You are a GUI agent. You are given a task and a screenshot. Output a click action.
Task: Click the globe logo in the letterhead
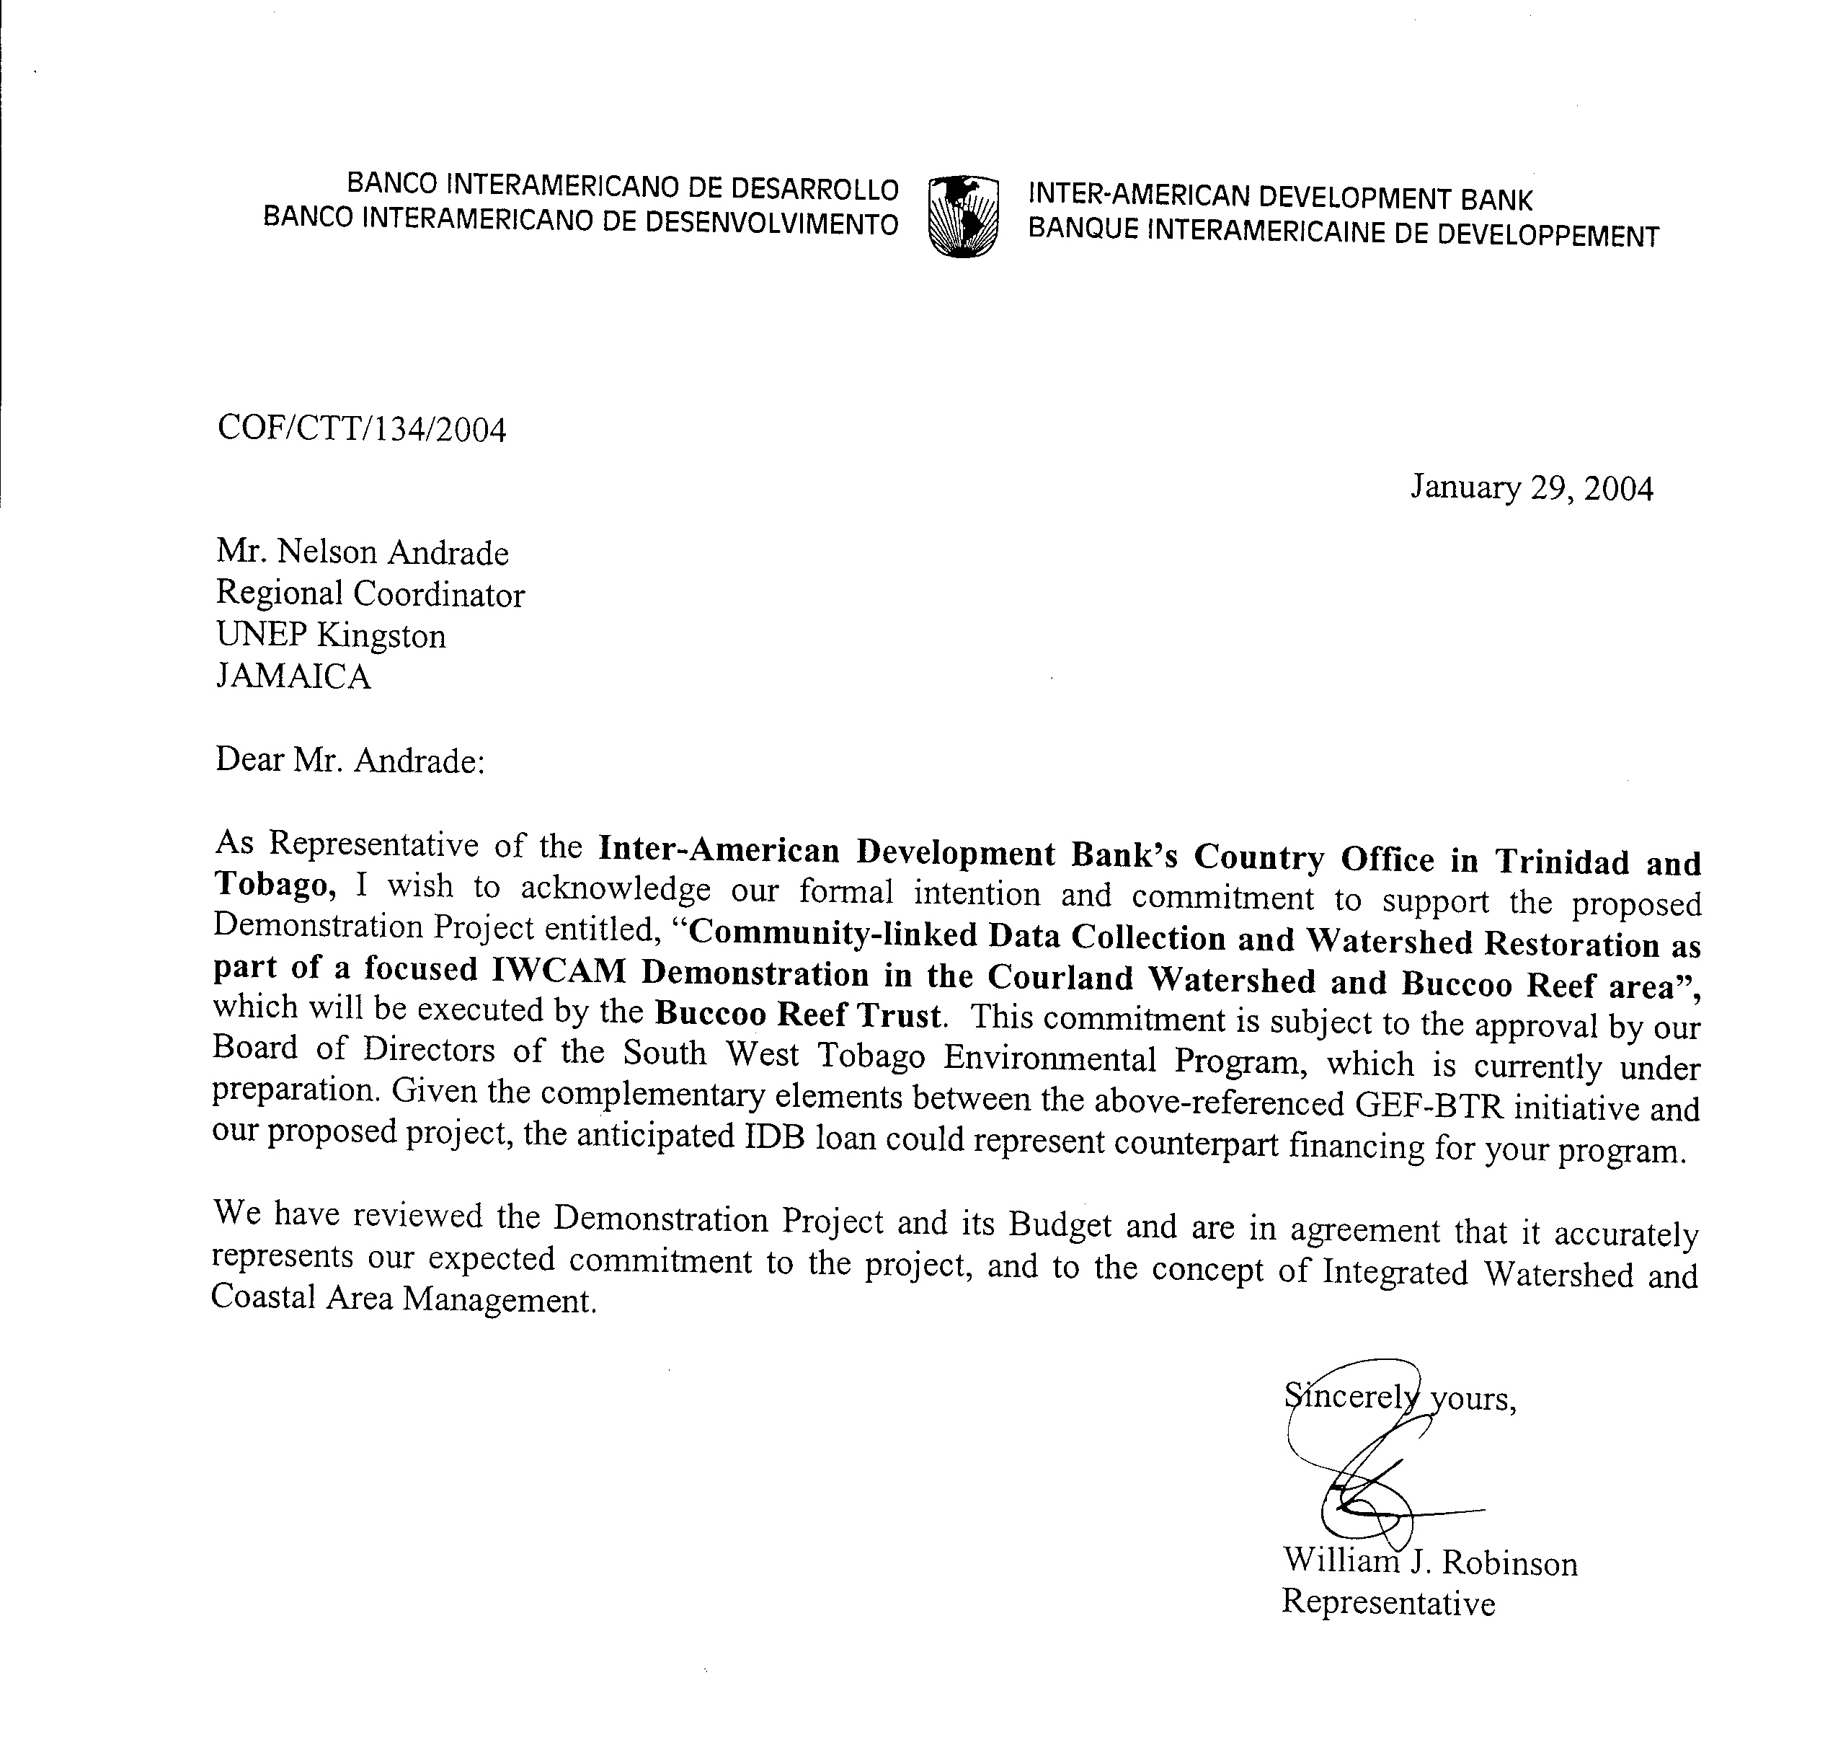coord(962,216)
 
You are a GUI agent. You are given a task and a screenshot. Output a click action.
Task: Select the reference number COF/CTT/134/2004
coord(362,429)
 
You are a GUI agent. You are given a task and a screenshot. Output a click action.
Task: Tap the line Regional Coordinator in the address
coord(370,594)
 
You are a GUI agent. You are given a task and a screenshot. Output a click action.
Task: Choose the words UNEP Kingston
coord(331,635)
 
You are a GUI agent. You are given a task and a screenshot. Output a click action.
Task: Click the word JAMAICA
coord(293,676)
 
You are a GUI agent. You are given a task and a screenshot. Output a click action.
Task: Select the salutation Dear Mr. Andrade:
coord(350,759)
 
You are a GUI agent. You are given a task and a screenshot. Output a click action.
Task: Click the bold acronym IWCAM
coord(559,970)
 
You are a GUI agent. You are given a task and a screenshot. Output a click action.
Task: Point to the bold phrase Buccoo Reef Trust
coord(797,1015)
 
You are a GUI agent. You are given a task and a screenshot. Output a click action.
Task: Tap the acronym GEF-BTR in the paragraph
coord(1429,1105)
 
